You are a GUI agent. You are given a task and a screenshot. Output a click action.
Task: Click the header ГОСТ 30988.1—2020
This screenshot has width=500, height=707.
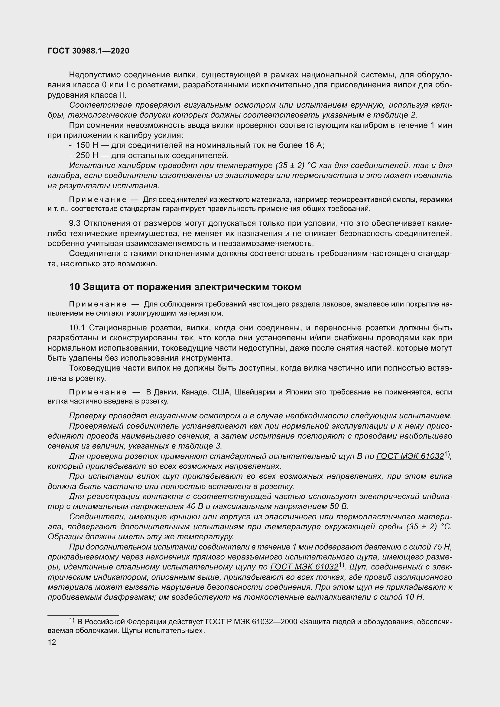[88, 51]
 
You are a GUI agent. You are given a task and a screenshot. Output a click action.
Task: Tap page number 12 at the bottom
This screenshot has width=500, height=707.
[52, 642]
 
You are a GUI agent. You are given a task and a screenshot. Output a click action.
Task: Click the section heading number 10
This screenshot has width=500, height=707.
[74, 287]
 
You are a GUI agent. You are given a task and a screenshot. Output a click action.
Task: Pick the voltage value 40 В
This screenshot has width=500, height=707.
[193, 507]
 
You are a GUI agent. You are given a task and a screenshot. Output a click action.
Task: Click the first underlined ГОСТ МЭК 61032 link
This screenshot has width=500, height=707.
[410, 456]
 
